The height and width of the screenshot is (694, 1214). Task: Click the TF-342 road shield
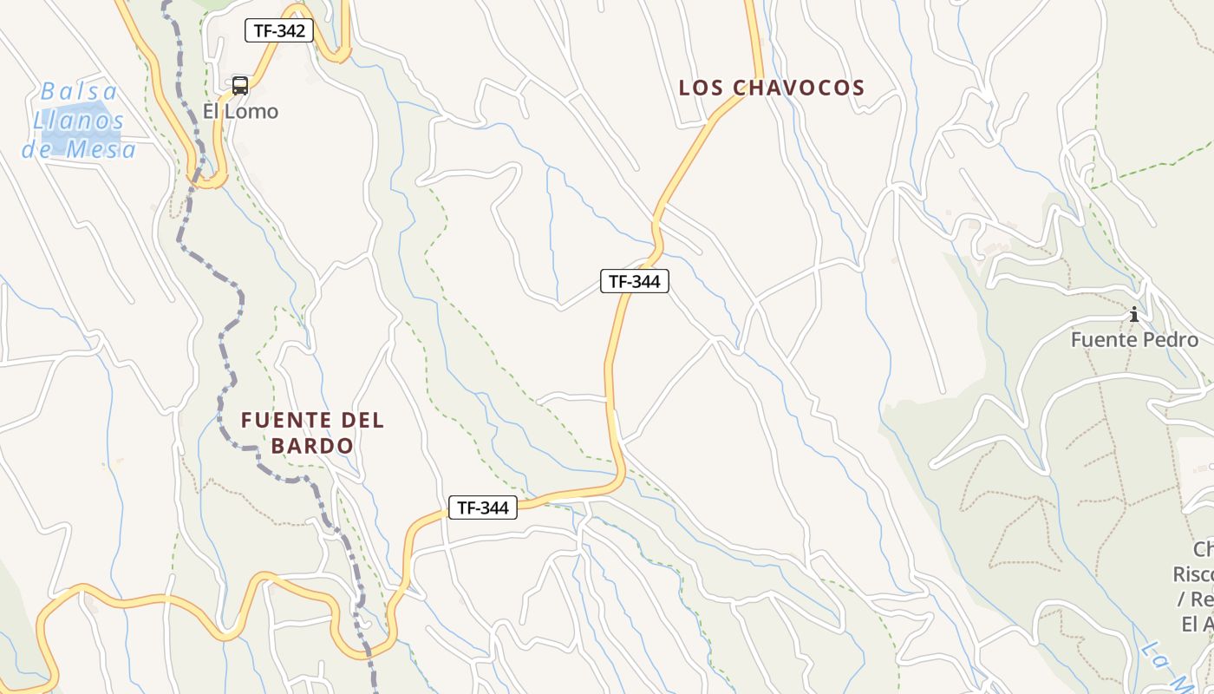coord(278,31)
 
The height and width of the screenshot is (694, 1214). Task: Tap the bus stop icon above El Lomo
coord(240,86)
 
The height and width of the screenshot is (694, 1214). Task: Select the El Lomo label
coord(240,112)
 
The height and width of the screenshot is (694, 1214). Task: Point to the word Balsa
coord(79,91)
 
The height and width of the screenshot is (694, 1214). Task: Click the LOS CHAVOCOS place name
coord(772,88)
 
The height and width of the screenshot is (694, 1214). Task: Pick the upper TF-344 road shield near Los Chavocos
coord(635,281)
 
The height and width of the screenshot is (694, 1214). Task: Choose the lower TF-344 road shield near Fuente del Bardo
coord(483,508)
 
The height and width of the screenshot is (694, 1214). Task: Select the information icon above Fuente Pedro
coord(1133,314)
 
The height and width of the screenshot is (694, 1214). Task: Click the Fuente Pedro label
coord(1134,340)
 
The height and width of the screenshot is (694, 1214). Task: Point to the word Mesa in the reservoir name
coord(104,150)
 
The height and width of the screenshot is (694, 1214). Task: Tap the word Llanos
coord(79,121)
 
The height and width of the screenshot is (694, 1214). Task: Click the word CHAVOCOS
coord(799,88)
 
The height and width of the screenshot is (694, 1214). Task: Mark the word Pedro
coord(1171,340)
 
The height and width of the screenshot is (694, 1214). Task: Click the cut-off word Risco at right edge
coord(1193,574)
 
